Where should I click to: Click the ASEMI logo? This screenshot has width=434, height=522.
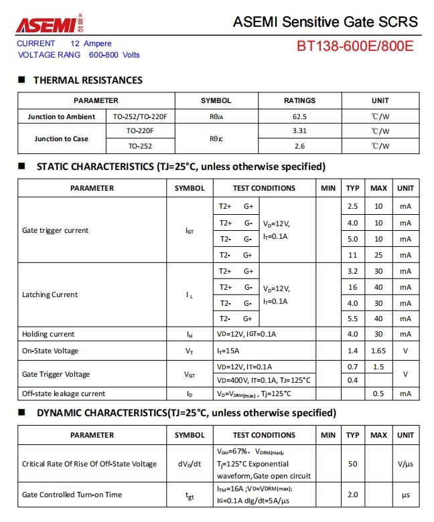point(48,25)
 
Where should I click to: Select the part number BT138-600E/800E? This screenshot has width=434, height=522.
point(355,46)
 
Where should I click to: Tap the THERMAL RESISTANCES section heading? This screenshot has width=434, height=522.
point(88,80)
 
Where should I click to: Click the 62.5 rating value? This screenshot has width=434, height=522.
point(299,116)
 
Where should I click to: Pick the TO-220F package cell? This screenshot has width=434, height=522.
point(140,131)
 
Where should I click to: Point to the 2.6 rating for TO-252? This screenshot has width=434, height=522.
point(299,146)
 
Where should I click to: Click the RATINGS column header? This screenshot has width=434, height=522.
point(299,100)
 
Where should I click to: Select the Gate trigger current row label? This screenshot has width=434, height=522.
point(55,230)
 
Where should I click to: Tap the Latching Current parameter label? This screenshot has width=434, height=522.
point(50,294)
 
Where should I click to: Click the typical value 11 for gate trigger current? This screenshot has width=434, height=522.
point(353,255)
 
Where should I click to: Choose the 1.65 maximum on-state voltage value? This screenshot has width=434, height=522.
point(378,351)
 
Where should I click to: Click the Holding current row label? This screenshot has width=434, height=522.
point(48,334)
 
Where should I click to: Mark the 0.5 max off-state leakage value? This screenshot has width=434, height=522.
point(378,394)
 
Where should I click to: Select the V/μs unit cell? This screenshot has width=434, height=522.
point(405,464)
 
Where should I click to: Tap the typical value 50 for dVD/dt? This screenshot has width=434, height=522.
point(353,464)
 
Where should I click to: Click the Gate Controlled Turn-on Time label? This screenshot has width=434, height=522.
point(72,495)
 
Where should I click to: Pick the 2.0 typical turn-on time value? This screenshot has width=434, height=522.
point(353,495)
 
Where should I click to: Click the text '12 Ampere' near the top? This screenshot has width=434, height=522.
point(92,43)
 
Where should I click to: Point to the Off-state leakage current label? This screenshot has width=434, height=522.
point(64,394)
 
